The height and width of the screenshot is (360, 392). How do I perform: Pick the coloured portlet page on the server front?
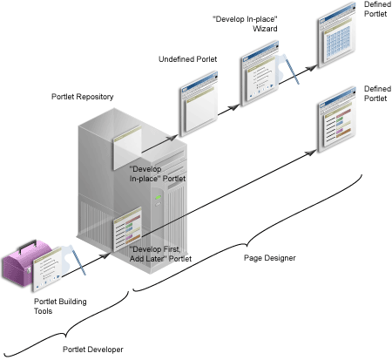[127, 229]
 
